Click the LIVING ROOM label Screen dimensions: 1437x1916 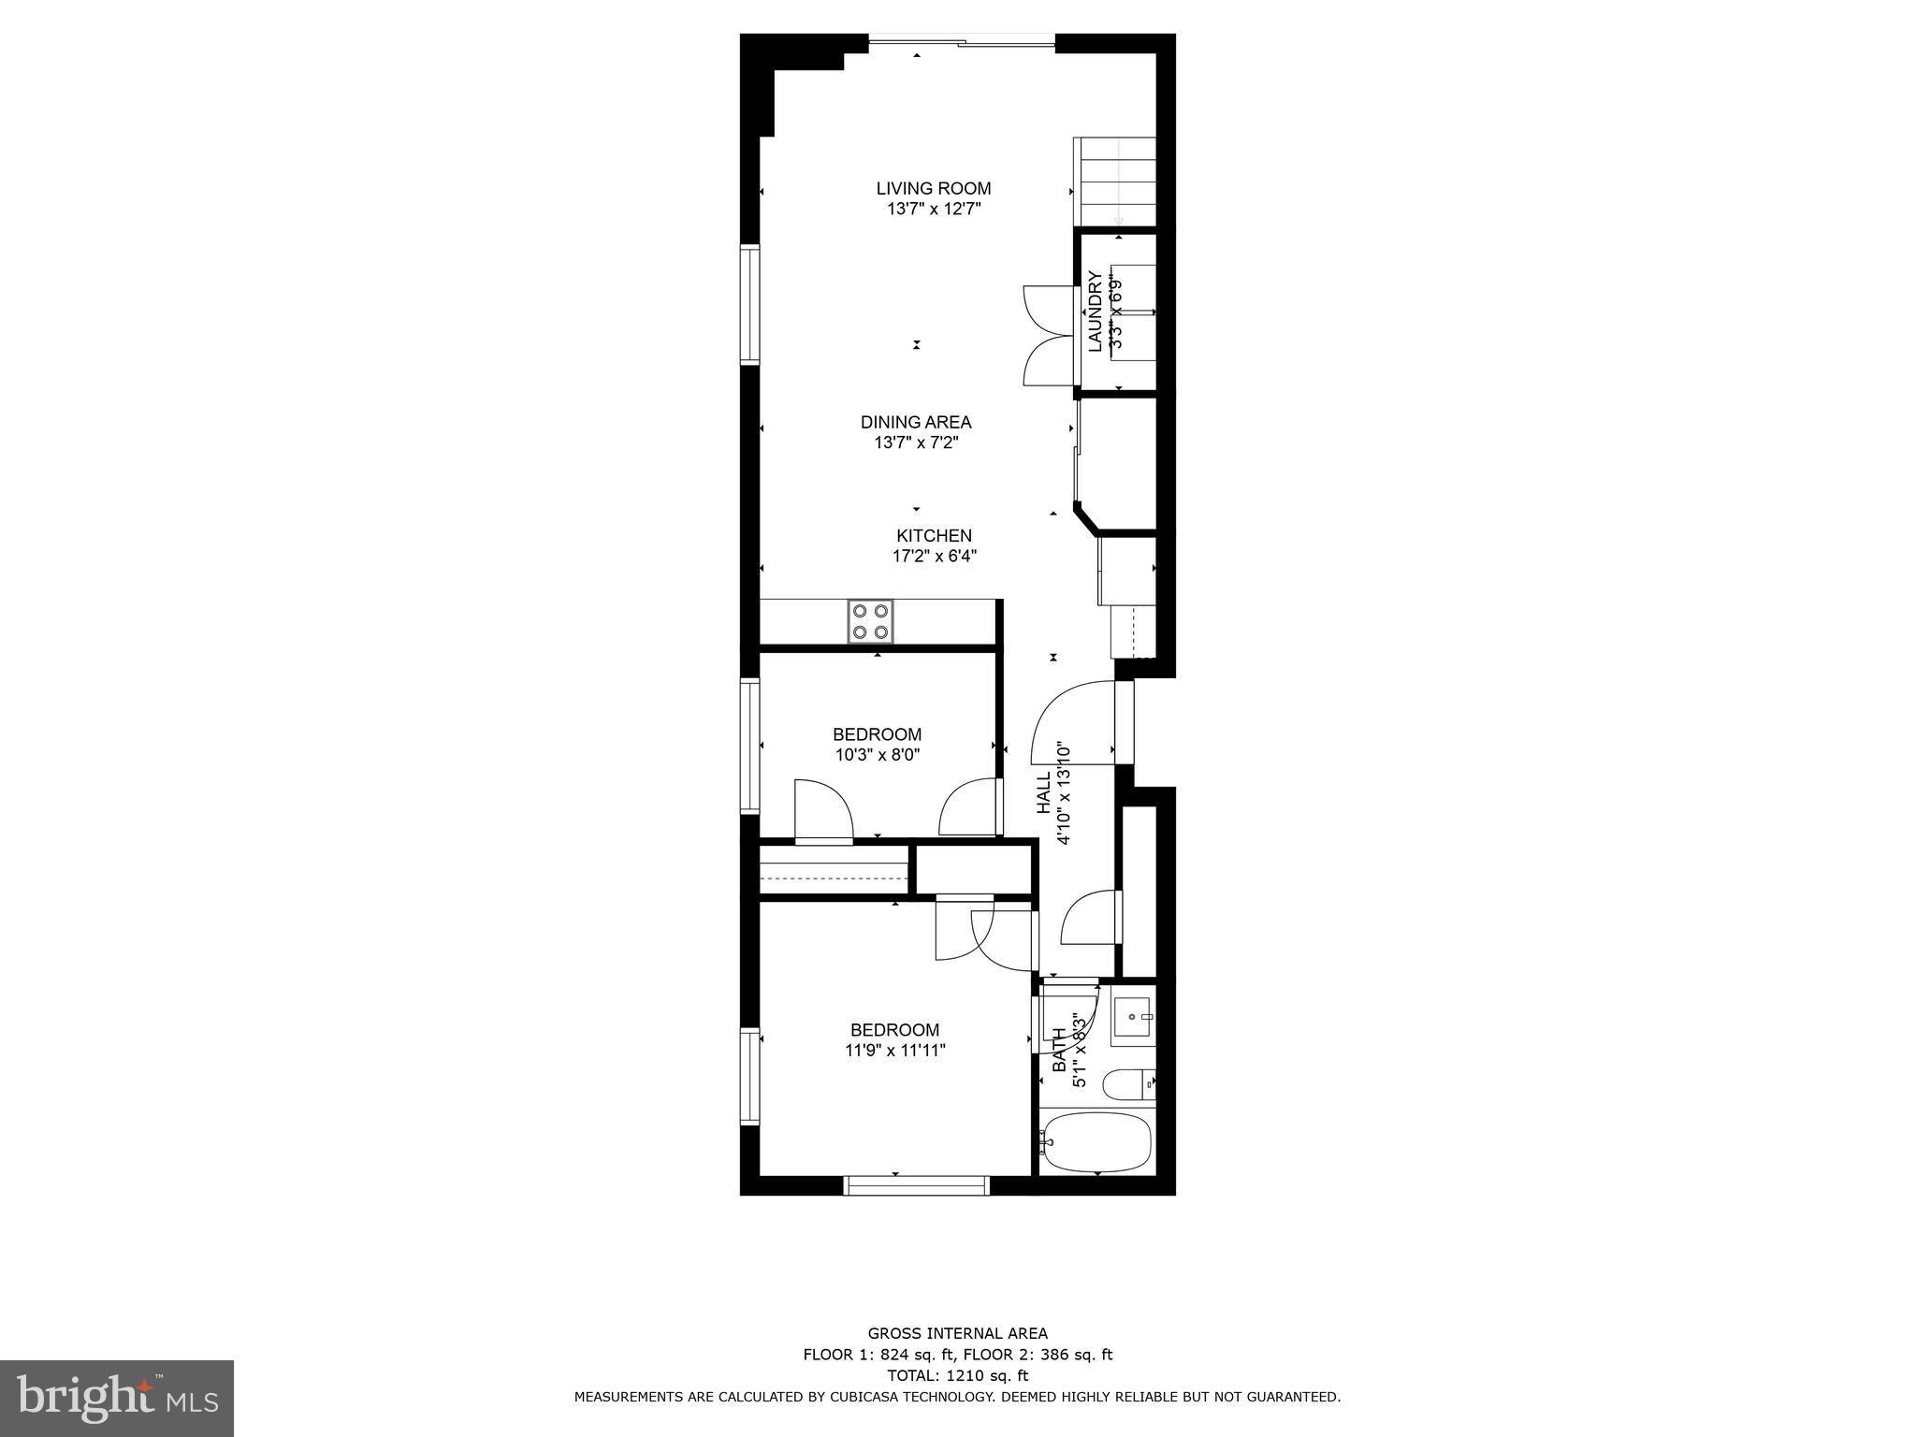tap(933, 189)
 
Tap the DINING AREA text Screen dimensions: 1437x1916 tap(916, 422)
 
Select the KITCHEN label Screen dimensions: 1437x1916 tap(934, 536)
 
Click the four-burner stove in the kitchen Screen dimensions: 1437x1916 tap(870, 622)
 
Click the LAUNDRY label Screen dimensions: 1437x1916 tap(1095, 312)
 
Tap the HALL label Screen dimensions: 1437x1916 tap(1044, 793)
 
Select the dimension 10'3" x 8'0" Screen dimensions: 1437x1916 tap(878, 755)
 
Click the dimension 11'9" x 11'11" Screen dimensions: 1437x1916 tap(894, 1051)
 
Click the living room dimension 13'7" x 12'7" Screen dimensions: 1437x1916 tap(933, 210)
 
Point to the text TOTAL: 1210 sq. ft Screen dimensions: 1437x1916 tap(957, 1375)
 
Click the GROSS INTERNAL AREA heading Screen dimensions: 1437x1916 tap(957, 1333)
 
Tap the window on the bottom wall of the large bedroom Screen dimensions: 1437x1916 tap(916, 1185)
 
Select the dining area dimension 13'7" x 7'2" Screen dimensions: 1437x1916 tap(916, 443)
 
